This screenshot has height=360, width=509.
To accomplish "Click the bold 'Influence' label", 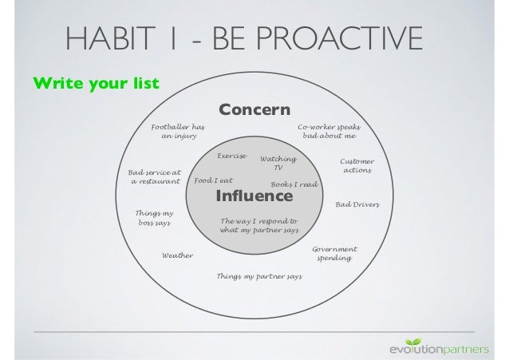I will tap(255, 196).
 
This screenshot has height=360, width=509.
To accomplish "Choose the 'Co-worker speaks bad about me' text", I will tap(329, 132).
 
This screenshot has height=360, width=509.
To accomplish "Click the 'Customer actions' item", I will tap(357, 166).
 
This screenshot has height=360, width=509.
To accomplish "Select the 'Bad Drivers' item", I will tap(357, 205).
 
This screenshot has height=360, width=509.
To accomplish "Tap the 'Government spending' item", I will tap(334, 254).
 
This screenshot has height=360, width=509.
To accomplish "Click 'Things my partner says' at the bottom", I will tap(259, 276).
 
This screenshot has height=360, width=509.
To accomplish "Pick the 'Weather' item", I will tap(178, 255).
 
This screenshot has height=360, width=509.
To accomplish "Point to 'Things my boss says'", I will tap(155, 218).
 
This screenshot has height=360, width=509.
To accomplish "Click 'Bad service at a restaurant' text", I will tap(155, 176).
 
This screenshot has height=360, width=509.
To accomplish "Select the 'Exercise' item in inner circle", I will tap(232, 156).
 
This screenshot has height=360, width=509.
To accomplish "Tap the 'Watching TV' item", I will tap(278, 164).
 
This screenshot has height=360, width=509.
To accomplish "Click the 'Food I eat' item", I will tap(213, 181).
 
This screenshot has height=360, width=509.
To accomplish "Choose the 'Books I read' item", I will tap(294, 184).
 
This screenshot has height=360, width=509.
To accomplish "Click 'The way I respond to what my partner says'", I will tap(259, 225).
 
